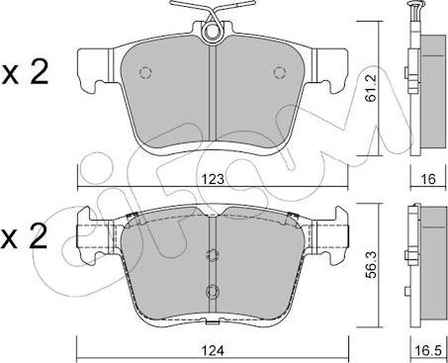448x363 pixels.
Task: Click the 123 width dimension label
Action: pyautogui.click(x=213, y=179)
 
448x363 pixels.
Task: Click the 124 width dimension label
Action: pyautogui.click(x=213, y=350)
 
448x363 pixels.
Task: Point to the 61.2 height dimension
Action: pyautogui.click(x=372, y=87)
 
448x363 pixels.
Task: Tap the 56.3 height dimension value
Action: pyautogui.click(x=372, y=264)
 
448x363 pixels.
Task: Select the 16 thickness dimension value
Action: pyautogui.click(x=428, y=179)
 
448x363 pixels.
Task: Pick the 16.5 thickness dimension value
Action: pyautogui.click(x=428, y=351)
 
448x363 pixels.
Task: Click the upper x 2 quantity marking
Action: pyautogui.click(x=25, y=72)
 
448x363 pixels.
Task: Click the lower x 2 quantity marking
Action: pyautogui.click(x=24, y=236)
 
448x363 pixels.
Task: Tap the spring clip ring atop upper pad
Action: pyautogui.click(x=212, y=33)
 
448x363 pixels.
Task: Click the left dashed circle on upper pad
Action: pyautogui.click(x=145, y=72)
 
